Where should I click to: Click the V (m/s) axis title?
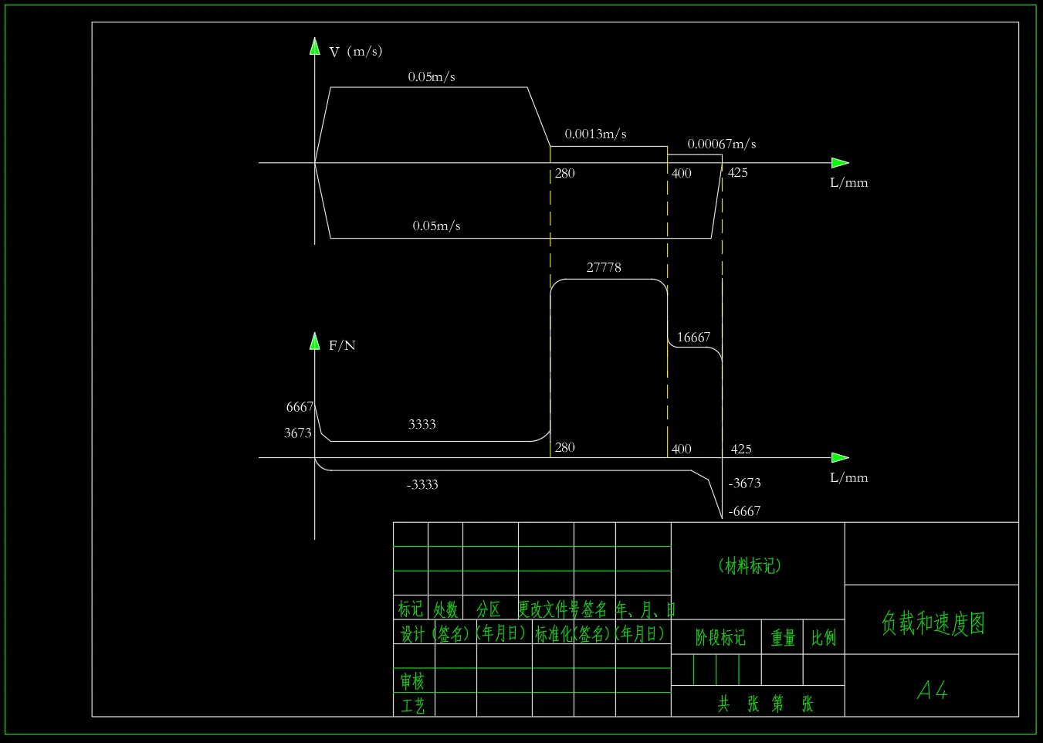point(355,52)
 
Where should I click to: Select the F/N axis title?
point(342,345)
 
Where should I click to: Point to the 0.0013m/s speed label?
point(595,134)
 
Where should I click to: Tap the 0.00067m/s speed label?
point(722,144)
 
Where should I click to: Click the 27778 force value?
point(604,267)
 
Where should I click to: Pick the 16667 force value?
point(693,338)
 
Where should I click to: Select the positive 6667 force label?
point(300,407)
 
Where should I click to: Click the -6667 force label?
point(744,511)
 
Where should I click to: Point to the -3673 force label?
point(744,483)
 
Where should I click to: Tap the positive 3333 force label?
point(422,424)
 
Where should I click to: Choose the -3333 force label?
point(422,485)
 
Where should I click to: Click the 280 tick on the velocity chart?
point(565,174)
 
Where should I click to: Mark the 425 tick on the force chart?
point(741,449)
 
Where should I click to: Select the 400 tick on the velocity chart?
point(682,174)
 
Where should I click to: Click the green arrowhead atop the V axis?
point(315,46)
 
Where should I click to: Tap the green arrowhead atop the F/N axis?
point(315,341)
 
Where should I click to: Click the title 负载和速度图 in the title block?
point(933,623)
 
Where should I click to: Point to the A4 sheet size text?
point(932,690)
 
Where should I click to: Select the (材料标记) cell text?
point(750,566)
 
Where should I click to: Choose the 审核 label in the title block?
point(412,681)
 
